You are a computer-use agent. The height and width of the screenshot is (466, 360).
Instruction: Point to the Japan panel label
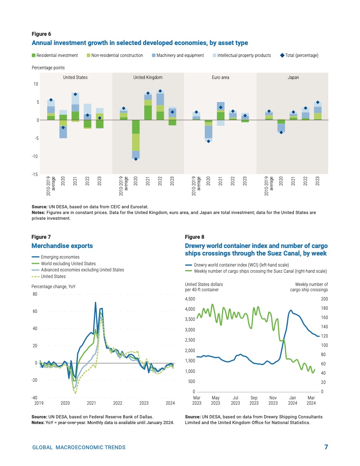tap(293, 77)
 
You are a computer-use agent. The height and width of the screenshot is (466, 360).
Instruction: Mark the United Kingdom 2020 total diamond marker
tap(136, 159)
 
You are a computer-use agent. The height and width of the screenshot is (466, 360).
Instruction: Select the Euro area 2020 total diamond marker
tap(208, 141)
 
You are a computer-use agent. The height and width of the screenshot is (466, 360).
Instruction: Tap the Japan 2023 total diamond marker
tap(318, 102)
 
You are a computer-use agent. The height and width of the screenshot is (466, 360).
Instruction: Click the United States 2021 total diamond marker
tap(75, 94)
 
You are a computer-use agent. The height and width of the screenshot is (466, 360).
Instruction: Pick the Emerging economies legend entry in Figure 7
tap(60, 257)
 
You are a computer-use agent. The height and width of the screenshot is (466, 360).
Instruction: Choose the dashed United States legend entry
tap(53, 276)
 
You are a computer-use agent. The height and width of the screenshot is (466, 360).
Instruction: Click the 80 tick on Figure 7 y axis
tap(34, 294)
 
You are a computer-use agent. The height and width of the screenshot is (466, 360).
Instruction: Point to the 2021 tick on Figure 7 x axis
tap(91, 403)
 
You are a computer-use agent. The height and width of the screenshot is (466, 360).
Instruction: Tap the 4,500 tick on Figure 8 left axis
tap(189, 299)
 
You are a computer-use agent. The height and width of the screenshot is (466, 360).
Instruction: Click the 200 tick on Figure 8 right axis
tap(325, 299)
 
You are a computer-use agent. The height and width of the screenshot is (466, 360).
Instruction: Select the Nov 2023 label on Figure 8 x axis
tap(273, 400)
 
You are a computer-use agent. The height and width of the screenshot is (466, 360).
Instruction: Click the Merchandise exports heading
tap(62, 245)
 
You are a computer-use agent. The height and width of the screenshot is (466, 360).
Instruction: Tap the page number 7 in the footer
tap(326, 447)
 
